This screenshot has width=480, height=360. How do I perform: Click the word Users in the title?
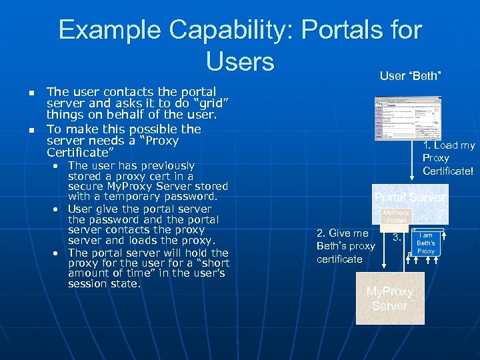click(240, 62)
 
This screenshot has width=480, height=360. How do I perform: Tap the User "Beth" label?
click(410, 76)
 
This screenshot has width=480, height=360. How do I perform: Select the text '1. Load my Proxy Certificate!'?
click(449, 158)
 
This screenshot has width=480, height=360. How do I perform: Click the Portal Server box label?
click(409, 197)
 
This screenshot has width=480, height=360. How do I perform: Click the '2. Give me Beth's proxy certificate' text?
click(345, 246)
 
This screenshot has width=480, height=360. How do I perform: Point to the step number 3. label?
click(396, 237)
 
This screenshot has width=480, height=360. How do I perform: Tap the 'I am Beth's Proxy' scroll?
click(426, 243)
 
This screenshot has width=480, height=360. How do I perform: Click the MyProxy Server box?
click(389, 299)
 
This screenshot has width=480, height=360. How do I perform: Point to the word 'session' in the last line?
click(89, 284)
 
